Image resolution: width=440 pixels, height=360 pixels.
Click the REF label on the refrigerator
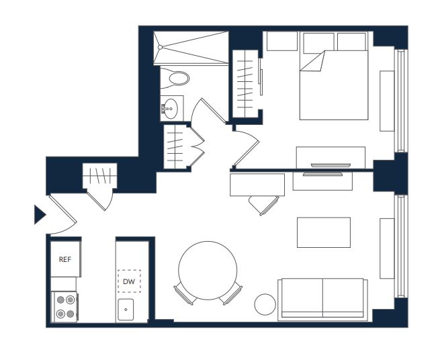(x=64, y=259)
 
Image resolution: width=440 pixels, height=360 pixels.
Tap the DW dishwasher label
(x=129, y=281)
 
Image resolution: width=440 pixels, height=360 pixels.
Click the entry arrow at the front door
(x=40, y=215)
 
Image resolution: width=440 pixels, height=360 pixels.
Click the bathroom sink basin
(x=171, y=109)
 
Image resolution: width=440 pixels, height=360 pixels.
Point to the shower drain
(x=160, y=48)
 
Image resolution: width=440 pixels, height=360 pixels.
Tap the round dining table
(x=208, y=271)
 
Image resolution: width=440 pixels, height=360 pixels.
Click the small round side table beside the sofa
(x=265, y=304)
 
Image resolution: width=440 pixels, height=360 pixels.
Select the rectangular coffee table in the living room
(x=324, y=232)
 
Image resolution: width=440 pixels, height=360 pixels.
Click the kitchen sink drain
(x=126, y=310)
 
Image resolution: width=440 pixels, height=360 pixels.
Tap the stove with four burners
(x=65, y=307)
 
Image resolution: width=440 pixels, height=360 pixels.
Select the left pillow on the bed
(x=318, y=42)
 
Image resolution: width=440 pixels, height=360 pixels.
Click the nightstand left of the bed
(x=281, y=41)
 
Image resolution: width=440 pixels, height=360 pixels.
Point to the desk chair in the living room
(x=263, y=206)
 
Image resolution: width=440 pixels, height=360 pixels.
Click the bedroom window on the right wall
(x=401, y=101)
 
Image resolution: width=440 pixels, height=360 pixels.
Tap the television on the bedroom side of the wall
(x=331, y=165)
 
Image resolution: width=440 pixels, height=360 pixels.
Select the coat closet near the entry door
(x=99, y=176)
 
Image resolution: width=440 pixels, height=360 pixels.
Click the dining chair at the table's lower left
(x=185, y=294)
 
